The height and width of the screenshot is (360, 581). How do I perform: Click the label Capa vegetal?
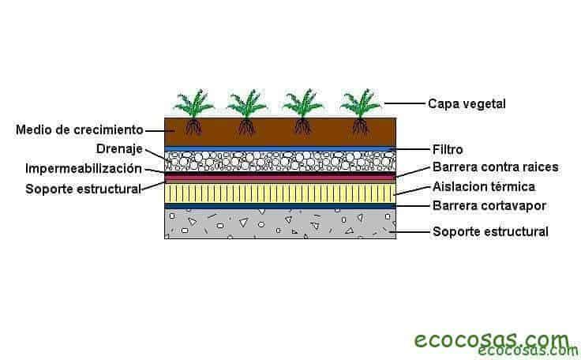(466, 103)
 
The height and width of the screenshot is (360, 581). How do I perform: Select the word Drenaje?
(118, 148)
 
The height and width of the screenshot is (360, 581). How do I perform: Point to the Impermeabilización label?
(84, 168)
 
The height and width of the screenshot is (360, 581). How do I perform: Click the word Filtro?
(448, 148)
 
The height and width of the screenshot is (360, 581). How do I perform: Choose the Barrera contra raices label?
(495, 167)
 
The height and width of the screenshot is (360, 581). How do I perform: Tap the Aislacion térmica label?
(483, 187)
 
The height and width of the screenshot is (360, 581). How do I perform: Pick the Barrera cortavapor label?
(489, 207)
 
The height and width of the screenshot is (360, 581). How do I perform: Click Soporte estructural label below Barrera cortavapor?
(490, 232)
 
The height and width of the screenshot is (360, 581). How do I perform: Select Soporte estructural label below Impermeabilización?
(83, 189)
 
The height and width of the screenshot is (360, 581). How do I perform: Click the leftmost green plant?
(193, 103)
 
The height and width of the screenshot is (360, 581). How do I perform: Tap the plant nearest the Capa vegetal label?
(361, 103)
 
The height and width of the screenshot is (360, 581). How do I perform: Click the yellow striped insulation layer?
(279, 193)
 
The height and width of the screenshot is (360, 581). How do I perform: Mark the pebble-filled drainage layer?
(279, 160)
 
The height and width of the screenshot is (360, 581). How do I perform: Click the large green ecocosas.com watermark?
(491, 339)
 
